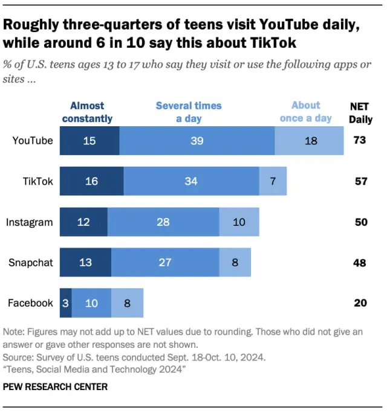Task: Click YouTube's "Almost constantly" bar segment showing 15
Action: pyautogui.click(x=89, y=141)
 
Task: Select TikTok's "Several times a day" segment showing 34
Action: pyautogui.click(x=191, y=181)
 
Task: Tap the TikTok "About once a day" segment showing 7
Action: pyautogui.click(x=273, y=181)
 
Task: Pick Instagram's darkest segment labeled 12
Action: pyautogui.click(x=83, y=222)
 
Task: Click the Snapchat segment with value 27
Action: pyautogui.click(x=165, y=262)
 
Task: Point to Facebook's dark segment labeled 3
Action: pyautogui.click(x=65, y=303)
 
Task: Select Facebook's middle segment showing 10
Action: pyautogui.click(x=91, y=303)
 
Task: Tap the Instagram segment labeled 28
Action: pyautogui.click(x=163, y=222)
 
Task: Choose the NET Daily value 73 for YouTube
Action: pyautogui.click(x=360, y=141)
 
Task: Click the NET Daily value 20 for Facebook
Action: pyautogui.click(x=360, y=303)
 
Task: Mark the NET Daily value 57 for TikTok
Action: pyautogui.click(x=360, y=181)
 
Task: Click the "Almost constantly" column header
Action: pyautogui.click(x=87, y=112)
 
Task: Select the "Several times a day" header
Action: pyautogui.click(x=189, y=112)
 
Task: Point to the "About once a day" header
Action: pyautogui.click(x=305, y=112)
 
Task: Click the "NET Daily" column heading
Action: pyautogui.click(x=360, y=112)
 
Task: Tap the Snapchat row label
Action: pyautogui.click(x=30, y=262)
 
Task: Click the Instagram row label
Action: pyautogui.click(x=29, y=222)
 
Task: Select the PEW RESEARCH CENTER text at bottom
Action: pyautogui.click(x=56, y=386)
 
